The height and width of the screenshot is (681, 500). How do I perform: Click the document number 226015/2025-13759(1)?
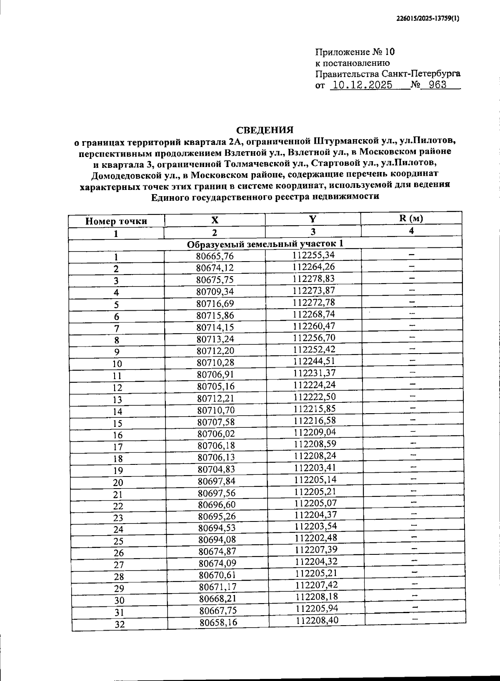pos(427,18)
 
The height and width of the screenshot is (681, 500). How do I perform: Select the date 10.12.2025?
pos(361,85)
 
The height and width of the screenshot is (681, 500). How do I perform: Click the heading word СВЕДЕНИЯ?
pos(265,130)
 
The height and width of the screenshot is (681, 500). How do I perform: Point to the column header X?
pos(215,220)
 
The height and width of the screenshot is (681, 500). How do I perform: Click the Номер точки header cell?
pos(116,221)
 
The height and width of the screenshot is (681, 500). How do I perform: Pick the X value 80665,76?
pos(215,256)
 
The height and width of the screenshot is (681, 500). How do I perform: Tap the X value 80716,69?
pos(215,304)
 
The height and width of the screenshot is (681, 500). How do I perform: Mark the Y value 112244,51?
pos(314,361)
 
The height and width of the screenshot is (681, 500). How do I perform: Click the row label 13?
pos(117,400)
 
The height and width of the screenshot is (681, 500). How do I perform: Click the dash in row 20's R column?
pos(413,479)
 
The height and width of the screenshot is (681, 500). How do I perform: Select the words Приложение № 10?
pos(355,52)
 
